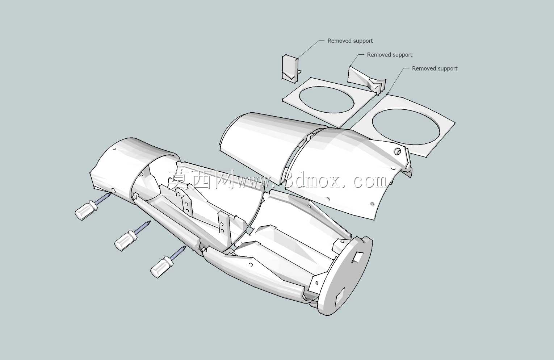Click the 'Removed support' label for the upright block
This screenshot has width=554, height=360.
[x=350, y=41]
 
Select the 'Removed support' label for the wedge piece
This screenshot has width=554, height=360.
[x=390, y=55]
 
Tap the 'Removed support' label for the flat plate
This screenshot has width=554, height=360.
[x=435, y=68]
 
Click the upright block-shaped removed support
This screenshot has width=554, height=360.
[x=290, y=67]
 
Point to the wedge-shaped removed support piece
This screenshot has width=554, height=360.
[x=366, y=79]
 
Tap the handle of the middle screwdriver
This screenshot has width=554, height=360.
[x=126, y=240]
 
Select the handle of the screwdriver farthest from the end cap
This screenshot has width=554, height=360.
[x=85, y=210]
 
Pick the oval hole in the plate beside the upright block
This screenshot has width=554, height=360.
[x=327, y=100]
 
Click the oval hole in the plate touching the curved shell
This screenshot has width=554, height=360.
[x=406, y=127]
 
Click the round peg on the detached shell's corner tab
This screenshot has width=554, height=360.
[x=398, y=151]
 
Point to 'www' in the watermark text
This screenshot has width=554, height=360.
[x=256, y=183]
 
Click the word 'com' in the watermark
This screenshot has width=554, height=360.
[x=370, y=181]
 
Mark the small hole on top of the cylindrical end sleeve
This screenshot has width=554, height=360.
[x=114, y=150]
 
